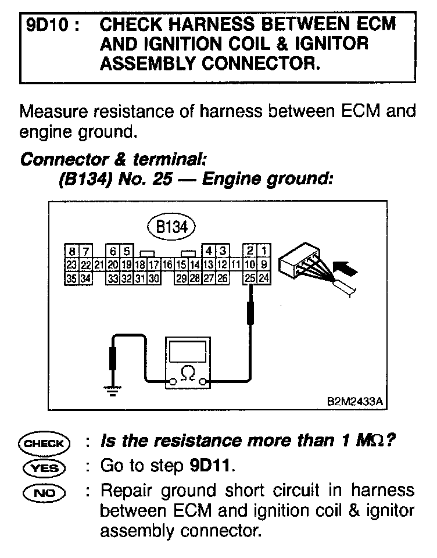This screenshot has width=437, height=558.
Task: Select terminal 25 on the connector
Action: click(x=250, y=278)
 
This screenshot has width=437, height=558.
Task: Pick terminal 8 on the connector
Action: click(x=72, y=252)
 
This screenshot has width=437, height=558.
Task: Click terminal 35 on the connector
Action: click(x=72, y=278)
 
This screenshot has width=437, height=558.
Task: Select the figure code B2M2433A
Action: click(x=356, y=400)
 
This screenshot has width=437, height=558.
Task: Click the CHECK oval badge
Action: click(x=44, y=443)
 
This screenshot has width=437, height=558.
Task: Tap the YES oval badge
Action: click(x=44, y=467)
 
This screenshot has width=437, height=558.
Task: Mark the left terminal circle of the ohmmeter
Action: click(x=172, y=382)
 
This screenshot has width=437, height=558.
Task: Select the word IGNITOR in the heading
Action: click(x=332, y=44)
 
